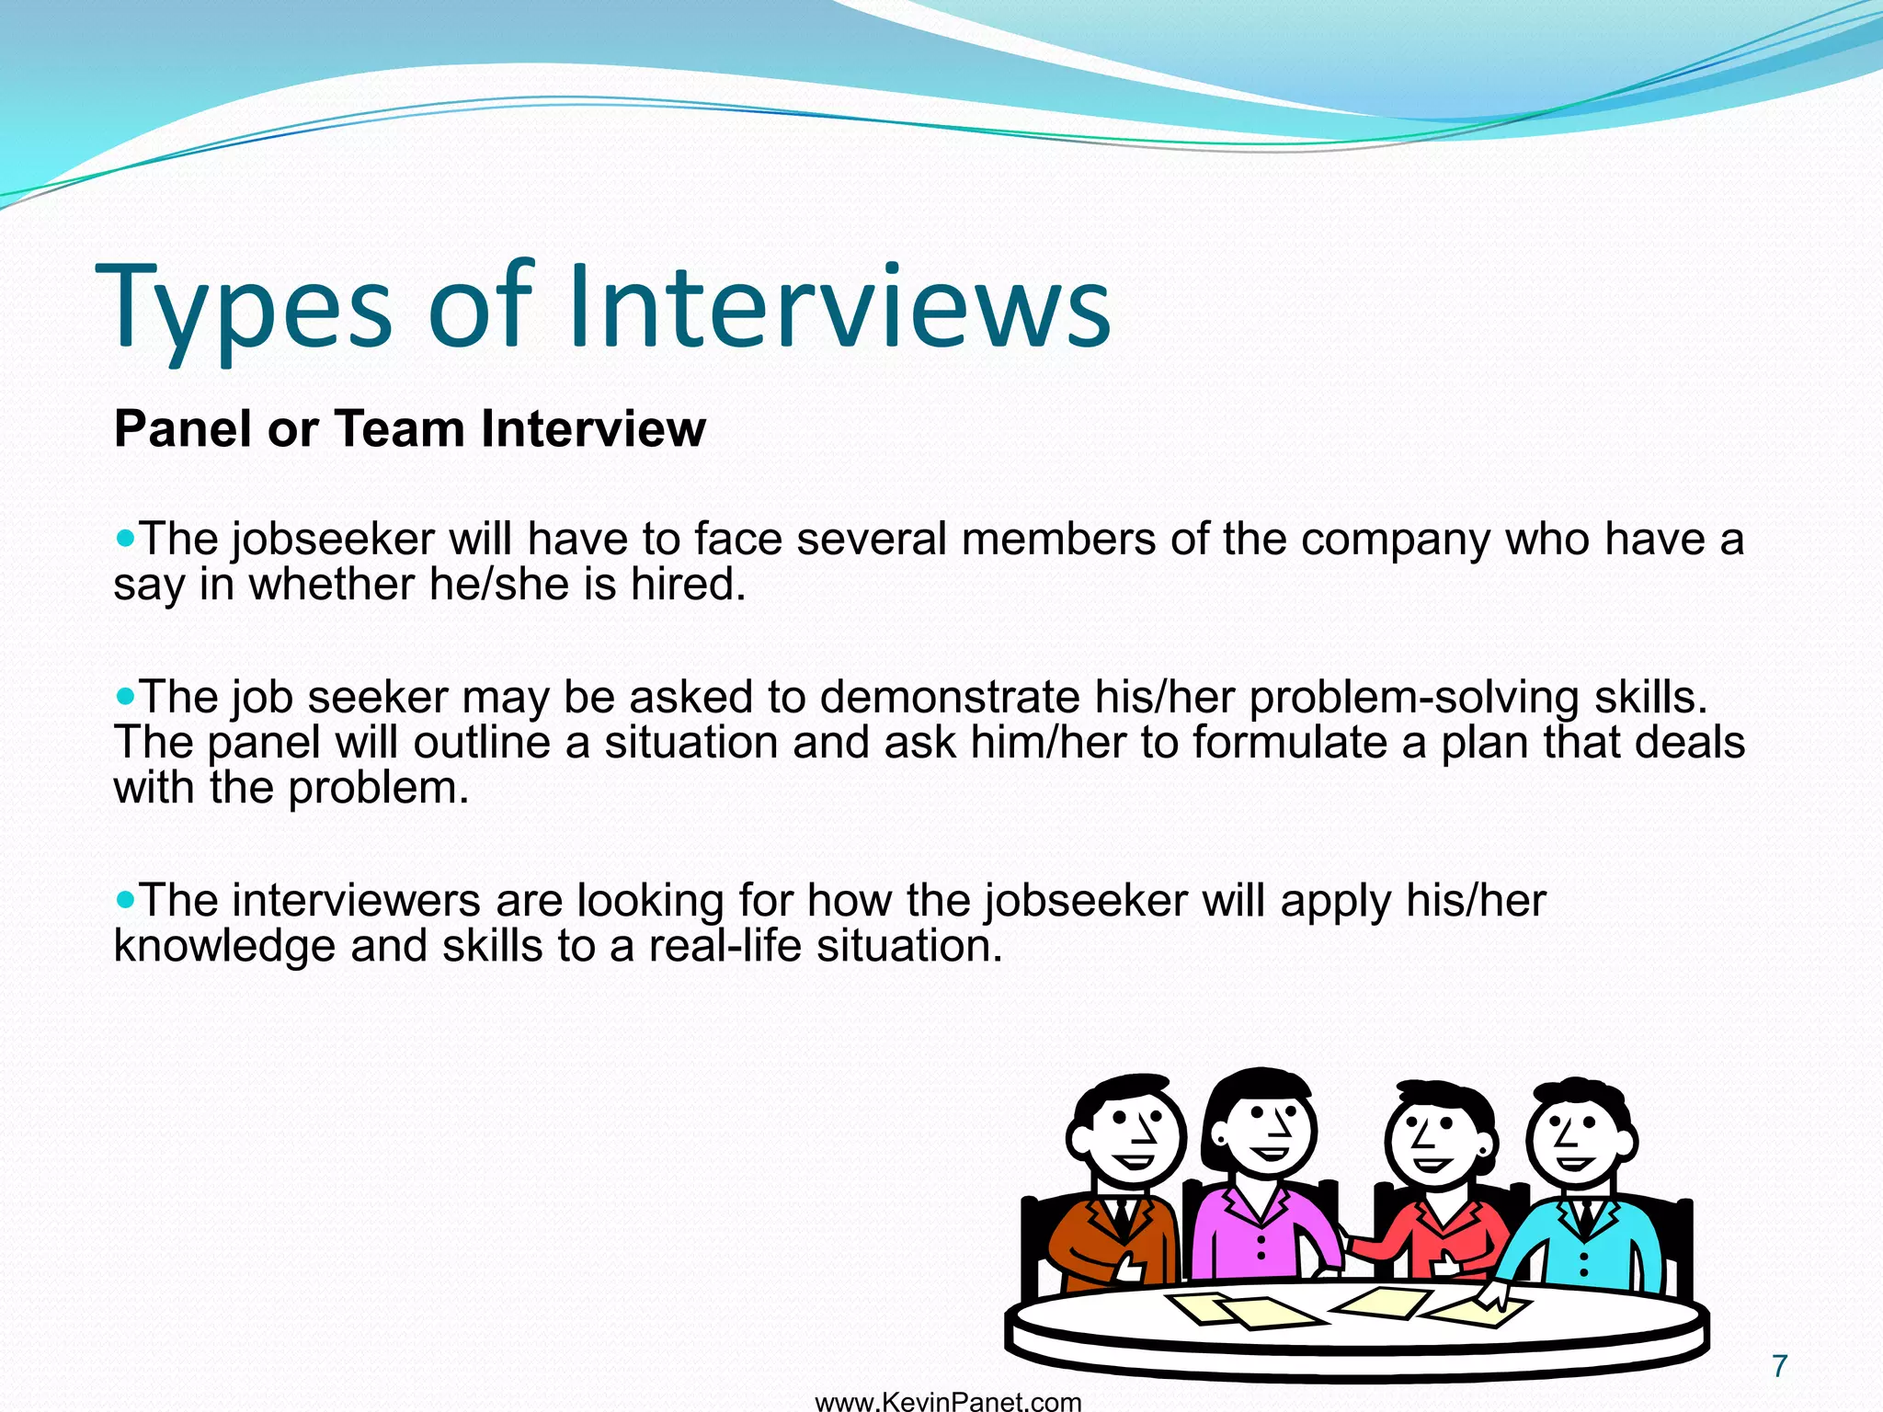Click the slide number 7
(1779, 1366)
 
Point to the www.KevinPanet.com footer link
(948, 1402)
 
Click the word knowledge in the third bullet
(224, 946)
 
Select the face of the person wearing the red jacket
(1436, 1140)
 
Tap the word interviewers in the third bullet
(356, 900)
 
